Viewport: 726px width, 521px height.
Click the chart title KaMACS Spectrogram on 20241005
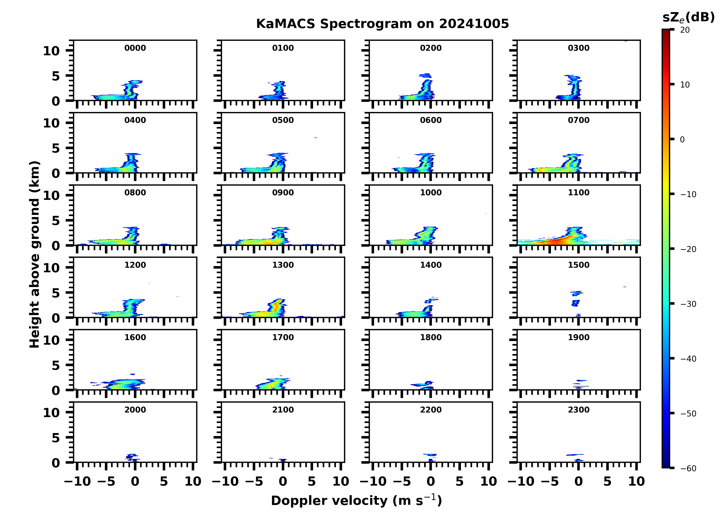[382, 24]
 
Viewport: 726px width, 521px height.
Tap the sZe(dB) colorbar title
[688, 18]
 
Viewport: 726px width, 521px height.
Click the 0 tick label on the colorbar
[682, 140]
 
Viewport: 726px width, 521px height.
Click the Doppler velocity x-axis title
[356, 500]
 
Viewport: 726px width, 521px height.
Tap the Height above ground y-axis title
[35, 254]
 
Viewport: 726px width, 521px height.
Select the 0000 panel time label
[135, 48]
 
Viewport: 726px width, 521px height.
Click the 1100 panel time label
[578, 193]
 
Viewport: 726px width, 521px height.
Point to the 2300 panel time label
[578, 410]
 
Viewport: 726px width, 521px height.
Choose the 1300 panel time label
[283, 265]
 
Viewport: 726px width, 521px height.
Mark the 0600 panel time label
[431, 120]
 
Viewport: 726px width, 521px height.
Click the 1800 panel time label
[431, 337]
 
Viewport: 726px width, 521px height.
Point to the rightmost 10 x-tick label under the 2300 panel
[636, 481]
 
